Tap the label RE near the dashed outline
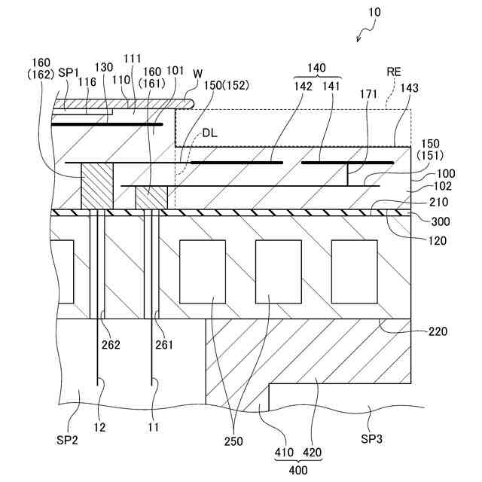click(394, 72)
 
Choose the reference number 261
click(165, 345)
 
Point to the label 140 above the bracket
click(317, 67)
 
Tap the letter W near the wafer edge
click(197, 73)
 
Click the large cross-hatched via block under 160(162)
click(96, 185)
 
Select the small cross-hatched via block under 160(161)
click(151, 197)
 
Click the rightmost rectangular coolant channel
click(354, 271)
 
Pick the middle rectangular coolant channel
click(278, 271)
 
